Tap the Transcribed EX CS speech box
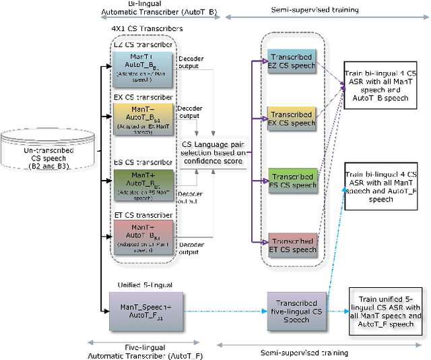291,119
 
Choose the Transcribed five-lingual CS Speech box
297,311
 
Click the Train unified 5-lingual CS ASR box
386,311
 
